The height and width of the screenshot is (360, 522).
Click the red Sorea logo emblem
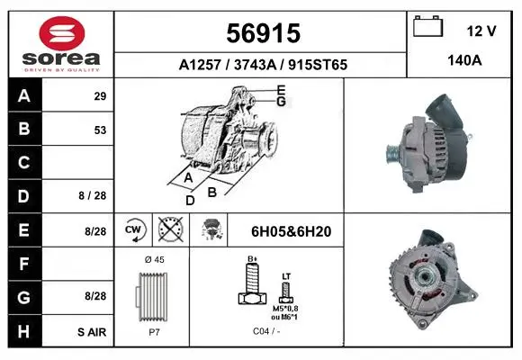pyautogui.click(x=62, y=33)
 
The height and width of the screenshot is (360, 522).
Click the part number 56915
pyautogui.click(x=264, y=33)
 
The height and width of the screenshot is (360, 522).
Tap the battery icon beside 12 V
pyautogui.click(x=427, y=26)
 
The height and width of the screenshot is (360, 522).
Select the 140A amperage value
pyautogui.click(x=464, y=60)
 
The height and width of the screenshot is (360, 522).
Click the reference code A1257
pyautogui.click(x=200, y=65)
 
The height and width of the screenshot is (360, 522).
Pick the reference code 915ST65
pyautogui.click(x=318, y=65)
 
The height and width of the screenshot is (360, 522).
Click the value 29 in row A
pyautogui.click(x=100, y=96)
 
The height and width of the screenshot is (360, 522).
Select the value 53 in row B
pyautogui.click(x=100, y=130)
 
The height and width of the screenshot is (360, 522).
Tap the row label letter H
pyautogui.click(x=23, y=331)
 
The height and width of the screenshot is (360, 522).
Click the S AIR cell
pyautogui.click(x=92, y=332)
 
